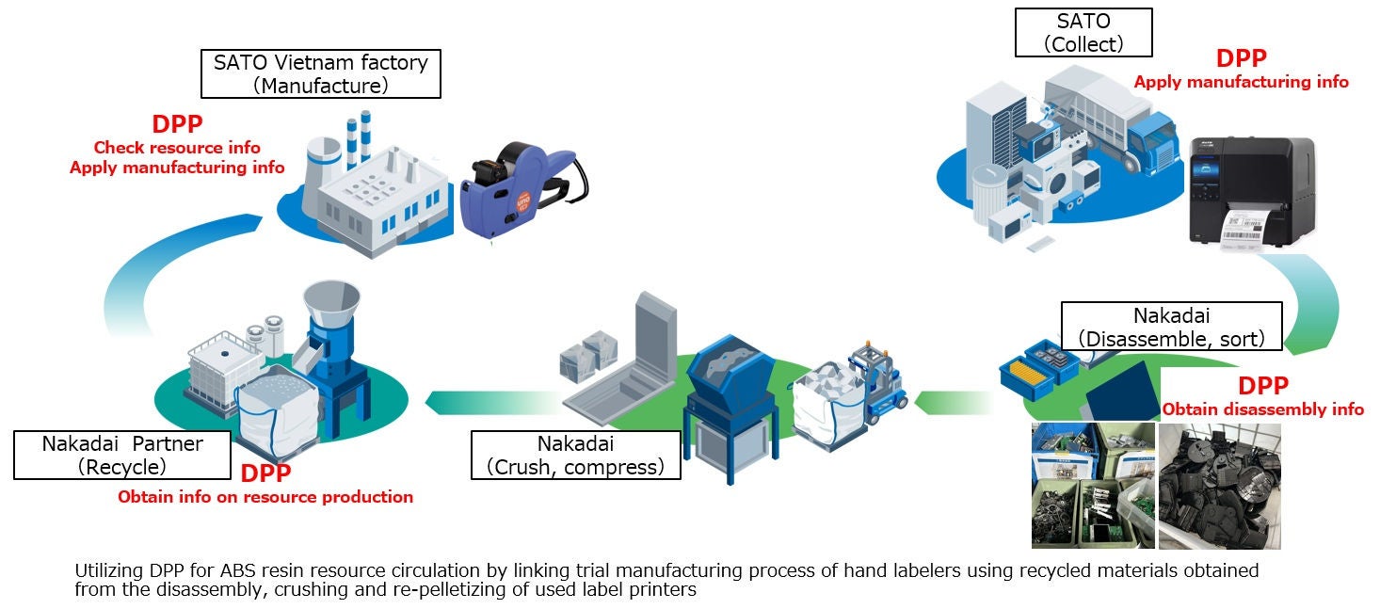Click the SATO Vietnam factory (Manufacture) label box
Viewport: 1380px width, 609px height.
321,74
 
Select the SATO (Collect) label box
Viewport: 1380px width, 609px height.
1083,33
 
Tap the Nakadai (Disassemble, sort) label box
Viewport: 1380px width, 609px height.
1170,326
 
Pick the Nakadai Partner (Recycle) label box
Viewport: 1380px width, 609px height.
122,454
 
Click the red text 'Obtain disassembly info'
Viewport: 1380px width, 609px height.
1262,409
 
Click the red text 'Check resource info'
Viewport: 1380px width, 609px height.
177,148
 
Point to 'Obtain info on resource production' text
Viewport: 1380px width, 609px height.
265,497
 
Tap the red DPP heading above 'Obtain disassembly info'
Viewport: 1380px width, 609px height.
1262,386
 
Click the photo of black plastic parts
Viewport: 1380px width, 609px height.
1219,486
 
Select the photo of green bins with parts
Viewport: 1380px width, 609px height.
1093,486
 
